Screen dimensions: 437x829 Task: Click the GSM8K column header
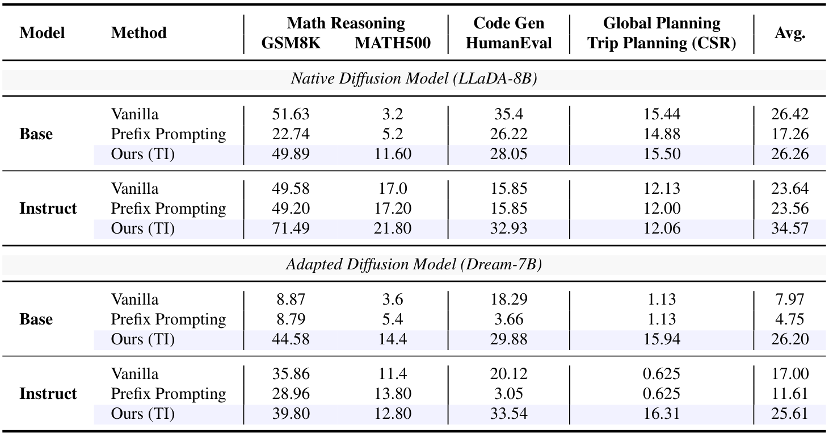tap(291, 43)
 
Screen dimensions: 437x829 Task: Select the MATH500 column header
tap(393, 43)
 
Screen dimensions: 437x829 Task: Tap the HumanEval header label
tap(508, 43)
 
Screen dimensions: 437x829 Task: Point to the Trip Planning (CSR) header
tap(662, 43)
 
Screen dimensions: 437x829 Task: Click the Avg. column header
tap(790, 33)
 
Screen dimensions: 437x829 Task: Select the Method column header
tap(139, 33)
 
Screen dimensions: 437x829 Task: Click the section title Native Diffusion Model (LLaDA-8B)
tap(414, 78)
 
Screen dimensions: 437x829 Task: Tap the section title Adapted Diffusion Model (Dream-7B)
tap(414, 264)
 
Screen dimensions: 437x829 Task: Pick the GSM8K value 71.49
tap(291, 228)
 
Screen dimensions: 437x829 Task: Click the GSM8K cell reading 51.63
tap(291, 114)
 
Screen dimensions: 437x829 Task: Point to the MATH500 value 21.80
tap(393, 228)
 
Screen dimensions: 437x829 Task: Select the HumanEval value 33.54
tap(508, 414)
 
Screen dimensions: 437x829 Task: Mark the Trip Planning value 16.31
tap(662, 414)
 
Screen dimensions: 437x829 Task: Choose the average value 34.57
tap(790, 228)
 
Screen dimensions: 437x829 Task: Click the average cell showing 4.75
tap(790, 319)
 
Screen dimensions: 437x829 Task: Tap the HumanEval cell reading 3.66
tap(508, 319)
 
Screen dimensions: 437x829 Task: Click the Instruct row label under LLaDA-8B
tap(48, 209)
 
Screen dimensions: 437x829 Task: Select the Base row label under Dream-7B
tap(36, 319)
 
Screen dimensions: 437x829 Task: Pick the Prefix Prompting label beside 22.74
tap(169, 134)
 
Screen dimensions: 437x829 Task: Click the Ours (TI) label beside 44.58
tap(143, 339)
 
